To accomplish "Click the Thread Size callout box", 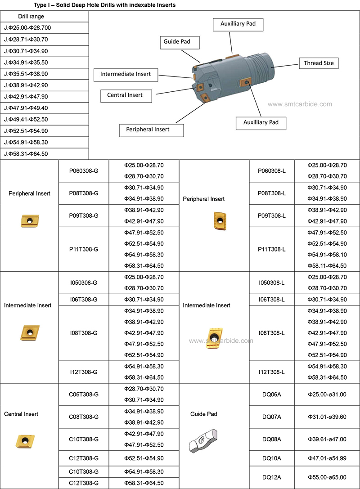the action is pos(319,63).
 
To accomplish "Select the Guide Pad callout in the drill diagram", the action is pos(180,42).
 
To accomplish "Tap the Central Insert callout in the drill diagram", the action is pos(126,96).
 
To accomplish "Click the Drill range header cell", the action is pos(45,16).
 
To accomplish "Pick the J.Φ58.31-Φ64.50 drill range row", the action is pos(45,154).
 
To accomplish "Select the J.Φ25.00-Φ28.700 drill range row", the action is pos(45,28).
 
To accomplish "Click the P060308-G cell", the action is pos(84,171).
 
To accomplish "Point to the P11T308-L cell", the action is pos(272,249).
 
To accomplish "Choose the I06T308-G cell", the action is pos(84,300).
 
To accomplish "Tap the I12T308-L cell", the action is pos(272,372).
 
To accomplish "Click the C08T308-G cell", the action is pos(84,417).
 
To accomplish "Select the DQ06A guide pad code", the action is pos(272,395).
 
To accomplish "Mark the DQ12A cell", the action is pos(272,477).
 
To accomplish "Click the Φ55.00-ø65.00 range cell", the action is pos(327,477).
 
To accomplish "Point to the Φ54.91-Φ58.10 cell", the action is pos(327,255).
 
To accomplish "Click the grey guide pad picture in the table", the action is pos(203,440).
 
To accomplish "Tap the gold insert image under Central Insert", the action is pos(25,441).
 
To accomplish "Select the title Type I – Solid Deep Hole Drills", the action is pos(104,5).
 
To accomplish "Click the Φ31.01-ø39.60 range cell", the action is pos(327,417).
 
